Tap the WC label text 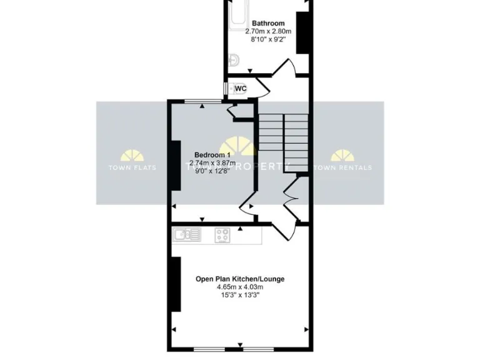pyautogui.click(x=241, y=89)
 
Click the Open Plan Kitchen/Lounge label pyautogui.click(x=236, y=279)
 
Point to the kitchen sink pyautogui.click(x=187, y=235)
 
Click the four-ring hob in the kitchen pyautogui.click(x=222, y=236)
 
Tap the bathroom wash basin pyautogui.click(x=232, y=61)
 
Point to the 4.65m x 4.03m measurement pyautogui.click(x=236, y=287)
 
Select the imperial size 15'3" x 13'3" pyautogui.click(x=236, y=295)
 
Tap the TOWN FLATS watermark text pyautogui.click(x=132, y=167)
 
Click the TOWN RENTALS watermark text pyautogui.click(x=342, y=167)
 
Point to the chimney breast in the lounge pyautogui.click(x=177, y=284)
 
